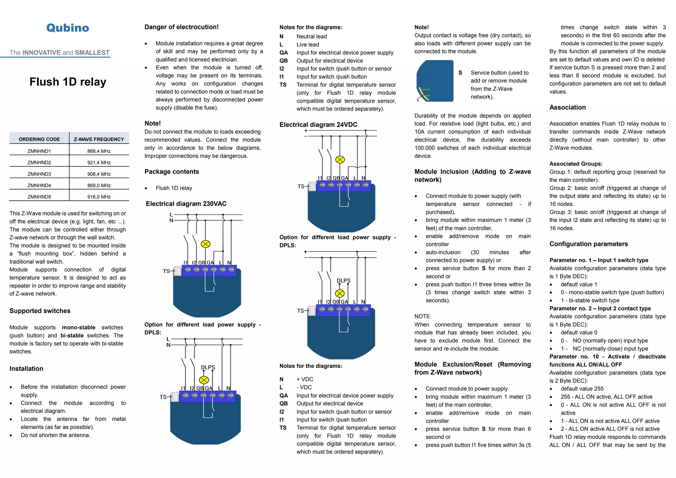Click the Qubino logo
coord(68,28)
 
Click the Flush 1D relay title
coord(68,82)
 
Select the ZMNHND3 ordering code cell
coord(39,174)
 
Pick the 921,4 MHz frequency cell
coord(99,162)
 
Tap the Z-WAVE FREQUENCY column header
coord(99,139)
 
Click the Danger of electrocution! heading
coord(182,27)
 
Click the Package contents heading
coord(172,172)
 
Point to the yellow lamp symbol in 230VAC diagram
coord(206,244)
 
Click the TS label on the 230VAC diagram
coord(166,271)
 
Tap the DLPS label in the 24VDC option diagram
coord(344,281)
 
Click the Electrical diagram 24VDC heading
coord(318,124)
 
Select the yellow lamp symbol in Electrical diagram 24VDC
coord(340,160)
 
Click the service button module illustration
coord(435,81)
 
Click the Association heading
coord(567,107)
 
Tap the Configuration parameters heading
coord(589,244)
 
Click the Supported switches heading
coord(40,311)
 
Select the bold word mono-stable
coord(79,327)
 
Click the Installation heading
coord(26,369)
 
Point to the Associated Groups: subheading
coord(576,164)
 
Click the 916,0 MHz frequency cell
coord(99,197)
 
